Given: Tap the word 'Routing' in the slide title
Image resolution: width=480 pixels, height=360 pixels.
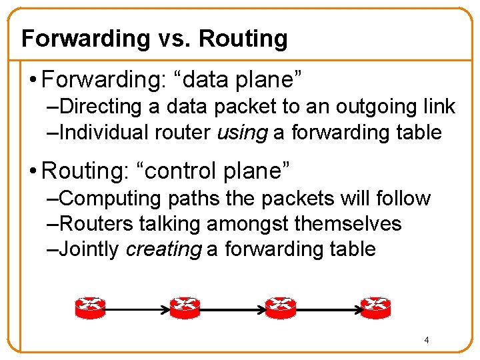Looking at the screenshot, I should coord(243,39).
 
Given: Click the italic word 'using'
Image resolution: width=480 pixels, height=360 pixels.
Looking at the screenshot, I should coord(242,132).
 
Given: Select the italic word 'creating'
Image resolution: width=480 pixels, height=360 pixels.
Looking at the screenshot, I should coord(163,249).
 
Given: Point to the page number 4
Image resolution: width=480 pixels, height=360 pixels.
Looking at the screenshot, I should coord(427,341).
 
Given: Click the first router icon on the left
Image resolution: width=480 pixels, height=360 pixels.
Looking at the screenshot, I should coord(89,307).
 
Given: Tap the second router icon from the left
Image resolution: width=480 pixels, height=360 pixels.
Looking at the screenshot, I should coord(184,307).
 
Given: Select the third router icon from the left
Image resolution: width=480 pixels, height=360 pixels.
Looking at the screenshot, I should coord(280,307).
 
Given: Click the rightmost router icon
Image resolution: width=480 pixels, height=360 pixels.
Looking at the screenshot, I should coord(375,307).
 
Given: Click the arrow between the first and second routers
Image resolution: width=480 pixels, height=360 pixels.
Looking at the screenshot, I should coord(137,309).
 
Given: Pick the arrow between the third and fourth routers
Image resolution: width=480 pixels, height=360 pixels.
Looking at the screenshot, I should coord(328,309).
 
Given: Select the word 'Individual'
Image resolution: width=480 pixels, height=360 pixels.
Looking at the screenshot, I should coord(103,132).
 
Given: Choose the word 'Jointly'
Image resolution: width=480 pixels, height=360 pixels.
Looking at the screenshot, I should coord(89,249).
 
